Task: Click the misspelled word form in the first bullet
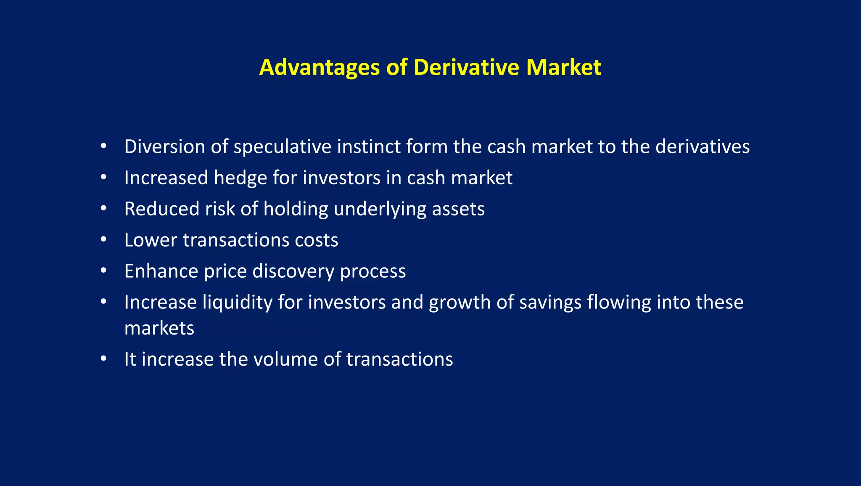[x=426, y=147]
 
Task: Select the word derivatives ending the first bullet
[x=702, y=147]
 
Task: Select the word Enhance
[x=161, y=271]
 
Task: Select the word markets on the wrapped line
[x=159, y=329]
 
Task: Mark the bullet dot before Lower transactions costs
[x=103, y=239]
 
